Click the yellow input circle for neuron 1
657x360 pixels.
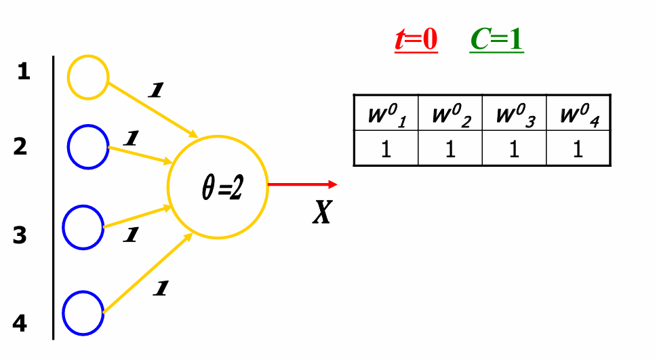click(88, 77)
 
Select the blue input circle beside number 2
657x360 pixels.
click(88, 145)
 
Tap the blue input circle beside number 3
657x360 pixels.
click(83, 227)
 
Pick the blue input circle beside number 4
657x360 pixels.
click(83, 313)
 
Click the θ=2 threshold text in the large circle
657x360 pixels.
click(222, 189)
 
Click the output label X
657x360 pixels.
click(322, 213)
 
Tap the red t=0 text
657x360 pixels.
click(416, 40)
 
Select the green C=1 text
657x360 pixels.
click(496, 40)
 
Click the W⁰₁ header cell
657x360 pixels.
click(386, 114)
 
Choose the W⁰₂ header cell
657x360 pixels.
click(450, 114)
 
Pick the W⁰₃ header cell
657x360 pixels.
click(514, 114)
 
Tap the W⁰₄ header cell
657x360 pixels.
click(578, 114)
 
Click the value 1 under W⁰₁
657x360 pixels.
click(386, 149)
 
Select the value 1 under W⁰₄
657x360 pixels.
click(578, 149)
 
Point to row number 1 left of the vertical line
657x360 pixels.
click(24, 72)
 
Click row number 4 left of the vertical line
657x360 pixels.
click(20, 324)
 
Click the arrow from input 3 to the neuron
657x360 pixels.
click(136, 218)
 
